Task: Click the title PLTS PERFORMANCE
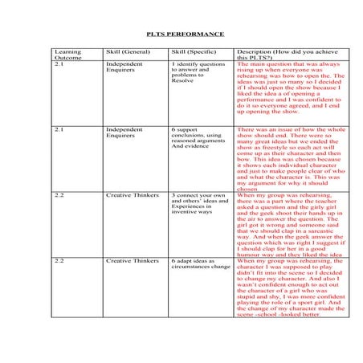184,35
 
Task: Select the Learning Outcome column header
67,55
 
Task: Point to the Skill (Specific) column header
194,51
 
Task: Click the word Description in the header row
255,51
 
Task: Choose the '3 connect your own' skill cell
198,206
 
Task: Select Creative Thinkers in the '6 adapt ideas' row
132,262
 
